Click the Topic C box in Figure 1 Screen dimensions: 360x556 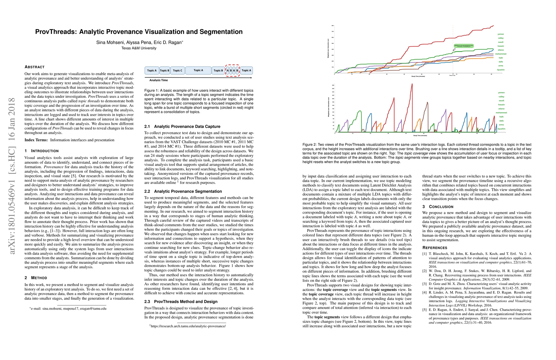178,70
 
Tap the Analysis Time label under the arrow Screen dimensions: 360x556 159,80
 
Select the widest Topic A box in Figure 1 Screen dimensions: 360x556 198,70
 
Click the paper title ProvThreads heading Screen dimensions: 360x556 139,32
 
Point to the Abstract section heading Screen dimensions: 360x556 34,67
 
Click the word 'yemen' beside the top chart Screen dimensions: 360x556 501,34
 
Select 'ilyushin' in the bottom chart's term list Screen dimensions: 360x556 501,129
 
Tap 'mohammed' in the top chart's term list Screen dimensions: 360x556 501,54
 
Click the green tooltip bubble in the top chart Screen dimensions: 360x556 463,46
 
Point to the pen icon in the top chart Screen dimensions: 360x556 454,50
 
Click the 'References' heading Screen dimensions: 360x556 435,248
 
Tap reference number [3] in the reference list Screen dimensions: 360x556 424,284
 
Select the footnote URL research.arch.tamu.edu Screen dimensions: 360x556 188,326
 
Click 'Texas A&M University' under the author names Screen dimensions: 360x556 139,48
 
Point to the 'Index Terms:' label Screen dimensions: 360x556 36,140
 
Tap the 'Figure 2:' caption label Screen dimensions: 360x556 309,145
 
